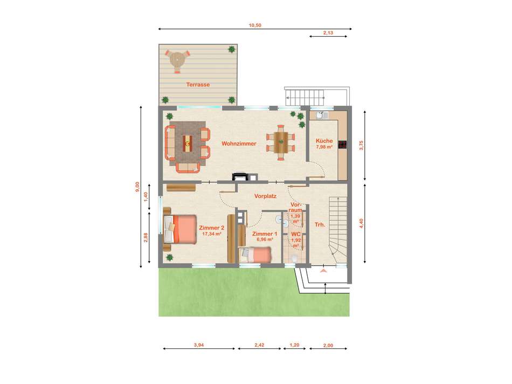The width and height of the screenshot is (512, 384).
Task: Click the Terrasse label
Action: coord(198,85)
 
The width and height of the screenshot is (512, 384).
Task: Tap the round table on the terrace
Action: coord(177,60)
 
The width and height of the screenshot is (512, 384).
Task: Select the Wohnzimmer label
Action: coord(239,143)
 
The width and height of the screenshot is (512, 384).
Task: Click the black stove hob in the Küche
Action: coord(343,145)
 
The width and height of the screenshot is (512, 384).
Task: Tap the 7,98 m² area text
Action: coord(324,147)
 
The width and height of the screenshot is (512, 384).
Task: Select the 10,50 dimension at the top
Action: coord(255,25)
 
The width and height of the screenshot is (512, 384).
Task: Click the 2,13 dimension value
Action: coord(328,33)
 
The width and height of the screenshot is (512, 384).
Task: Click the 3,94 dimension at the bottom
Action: coord(198,345)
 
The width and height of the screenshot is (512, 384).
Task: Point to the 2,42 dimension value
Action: coord(259,345)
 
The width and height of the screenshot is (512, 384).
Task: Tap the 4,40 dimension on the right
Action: coord(361,223)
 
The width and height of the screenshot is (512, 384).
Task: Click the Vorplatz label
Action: coord(266,196)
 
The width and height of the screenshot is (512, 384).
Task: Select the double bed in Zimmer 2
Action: coord(180,229)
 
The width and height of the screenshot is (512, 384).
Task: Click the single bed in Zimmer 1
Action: coord(255,255)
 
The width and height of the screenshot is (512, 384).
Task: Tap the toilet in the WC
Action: coord(294,258)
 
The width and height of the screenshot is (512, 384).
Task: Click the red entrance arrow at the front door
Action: coord(323,271)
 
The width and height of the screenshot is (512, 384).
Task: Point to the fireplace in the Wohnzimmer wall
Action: coord(240,177)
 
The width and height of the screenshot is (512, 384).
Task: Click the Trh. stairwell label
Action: coord(320,225)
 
